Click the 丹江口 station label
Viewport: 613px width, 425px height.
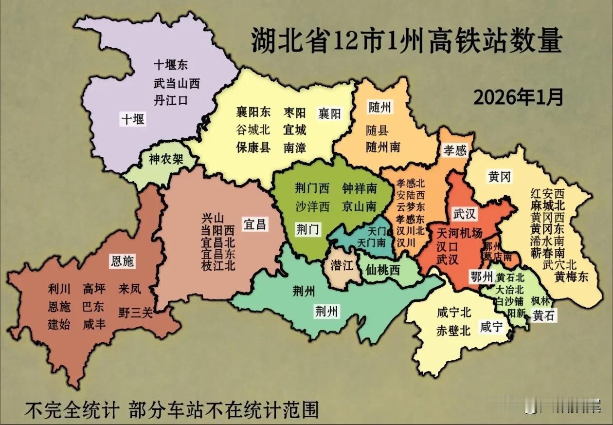click(x=170, y=100)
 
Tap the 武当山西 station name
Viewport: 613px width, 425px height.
click(x=177, y=83)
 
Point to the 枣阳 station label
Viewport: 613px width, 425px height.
click(x=294, y=113)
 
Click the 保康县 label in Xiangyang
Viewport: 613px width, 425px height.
click(x=253, y=147)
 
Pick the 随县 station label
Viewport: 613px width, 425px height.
click(x=377, y=130)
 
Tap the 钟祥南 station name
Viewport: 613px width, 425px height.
click(x=360, y=188)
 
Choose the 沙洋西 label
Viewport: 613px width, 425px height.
click(x=312, y=206)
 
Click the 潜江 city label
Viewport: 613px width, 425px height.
click(x=342, y=266)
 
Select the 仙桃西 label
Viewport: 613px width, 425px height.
click(x=383, y=270)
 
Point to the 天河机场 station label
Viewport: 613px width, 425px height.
click(x=460, y=233)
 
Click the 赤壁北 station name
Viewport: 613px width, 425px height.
click(x=453, y=331)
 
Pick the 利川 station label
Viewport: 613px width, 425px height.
click(x=59, y=289)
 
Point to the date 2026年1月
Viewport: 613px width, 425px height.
click(x=518, y=98)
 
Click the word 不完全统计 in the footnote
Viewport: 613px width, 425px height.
click(x=72, y=409)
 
